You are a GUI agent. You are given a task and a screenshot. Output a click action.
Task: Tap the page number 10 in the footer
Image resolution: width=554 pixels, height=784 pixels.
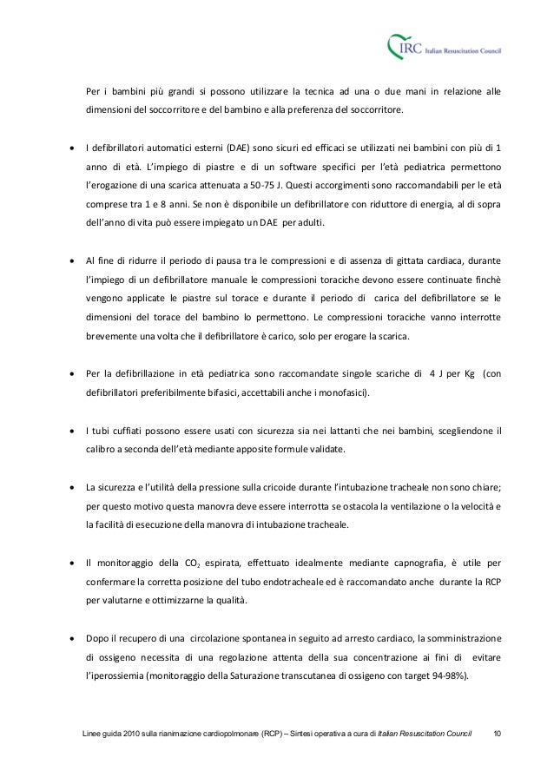click(x=498, y=736)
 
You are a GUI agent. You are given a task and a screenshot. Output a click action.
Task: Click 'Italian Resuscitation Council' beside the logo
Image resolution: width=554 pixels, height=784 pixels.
click(x=467, y=50)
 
